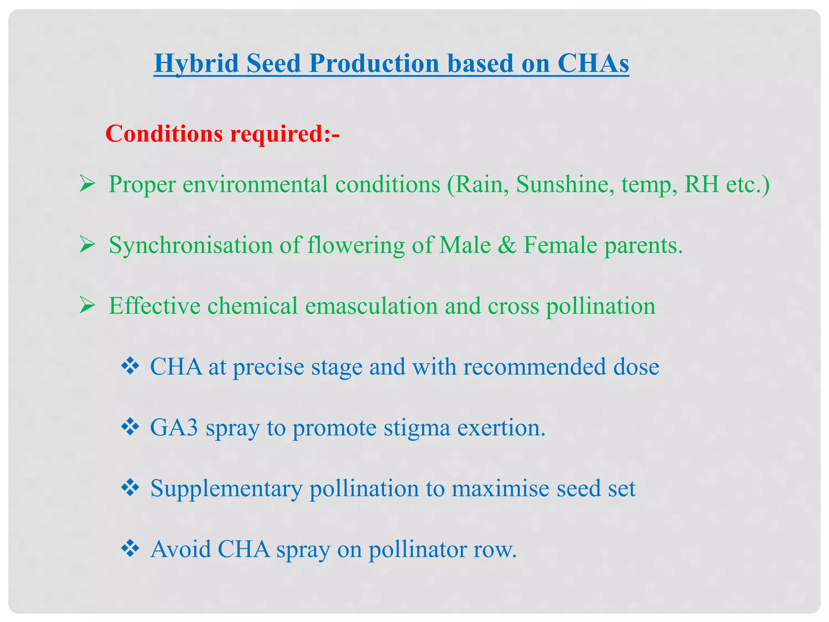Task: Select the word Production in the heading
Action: (374, 64)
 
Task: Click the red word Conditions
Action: (164, 134)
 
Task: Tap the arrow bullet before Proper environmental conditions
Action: (87, 184)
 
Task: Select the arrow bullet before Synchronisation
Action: (87, 245)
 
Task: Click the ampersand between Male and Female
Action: (507, 245)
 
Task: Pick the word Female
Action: (560, 245)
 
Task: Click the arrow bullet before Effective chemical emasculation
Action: (87, 306)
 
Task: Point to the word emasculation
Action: (371, 306)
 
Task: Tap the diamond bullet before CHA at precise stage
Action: (130, 366)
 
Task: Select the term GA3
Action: (174, 428)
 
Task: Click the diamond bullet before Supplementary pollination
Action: (130, 488)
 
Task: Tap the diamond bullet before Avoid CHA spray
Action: (130, 549)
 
